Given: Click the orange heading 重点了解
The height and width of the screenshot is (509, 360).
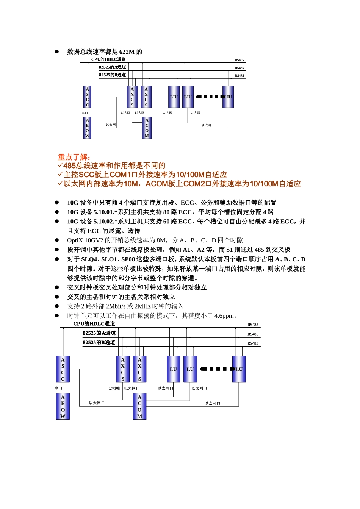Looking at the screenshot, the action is [74, 157].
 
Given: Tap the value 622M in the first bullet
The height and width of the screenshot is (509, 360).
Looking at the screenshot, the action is [127, 52].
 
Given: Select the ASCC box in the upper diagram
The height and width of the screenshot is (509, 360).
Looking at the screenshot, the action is [88, 97].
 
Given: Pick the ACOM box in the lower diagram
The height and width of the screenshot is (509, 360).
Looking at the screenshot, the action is [139, 406].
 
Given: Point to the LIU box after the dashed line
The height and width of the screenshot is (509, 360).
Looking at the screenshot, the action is [228, 97].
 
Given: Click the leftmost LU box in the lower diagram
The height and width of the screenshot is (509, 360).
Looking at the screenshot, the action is [173, 369].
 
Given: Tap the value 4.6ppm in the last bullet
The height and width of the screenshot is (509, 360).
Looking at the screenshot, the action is [224, 316].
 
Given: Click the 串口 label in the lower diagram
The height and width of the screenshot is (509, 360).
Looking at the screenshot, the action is [58, 388].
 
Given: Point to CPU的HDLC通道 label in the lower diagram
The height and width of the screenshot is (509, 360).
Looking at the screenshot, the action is [94, 324].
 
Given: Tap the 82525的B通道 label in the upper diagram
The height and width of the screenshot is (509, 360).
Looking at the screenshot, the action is [112, 75].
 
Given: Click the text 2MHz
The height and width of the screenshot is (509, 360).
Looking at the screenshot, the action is [142, 306].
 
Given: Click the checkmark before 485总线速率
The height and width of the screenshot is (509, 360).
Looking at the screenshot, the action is [60, 166].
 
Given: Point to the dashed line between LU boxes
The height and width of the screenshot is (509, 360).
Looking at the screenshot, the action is [214, 369].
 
